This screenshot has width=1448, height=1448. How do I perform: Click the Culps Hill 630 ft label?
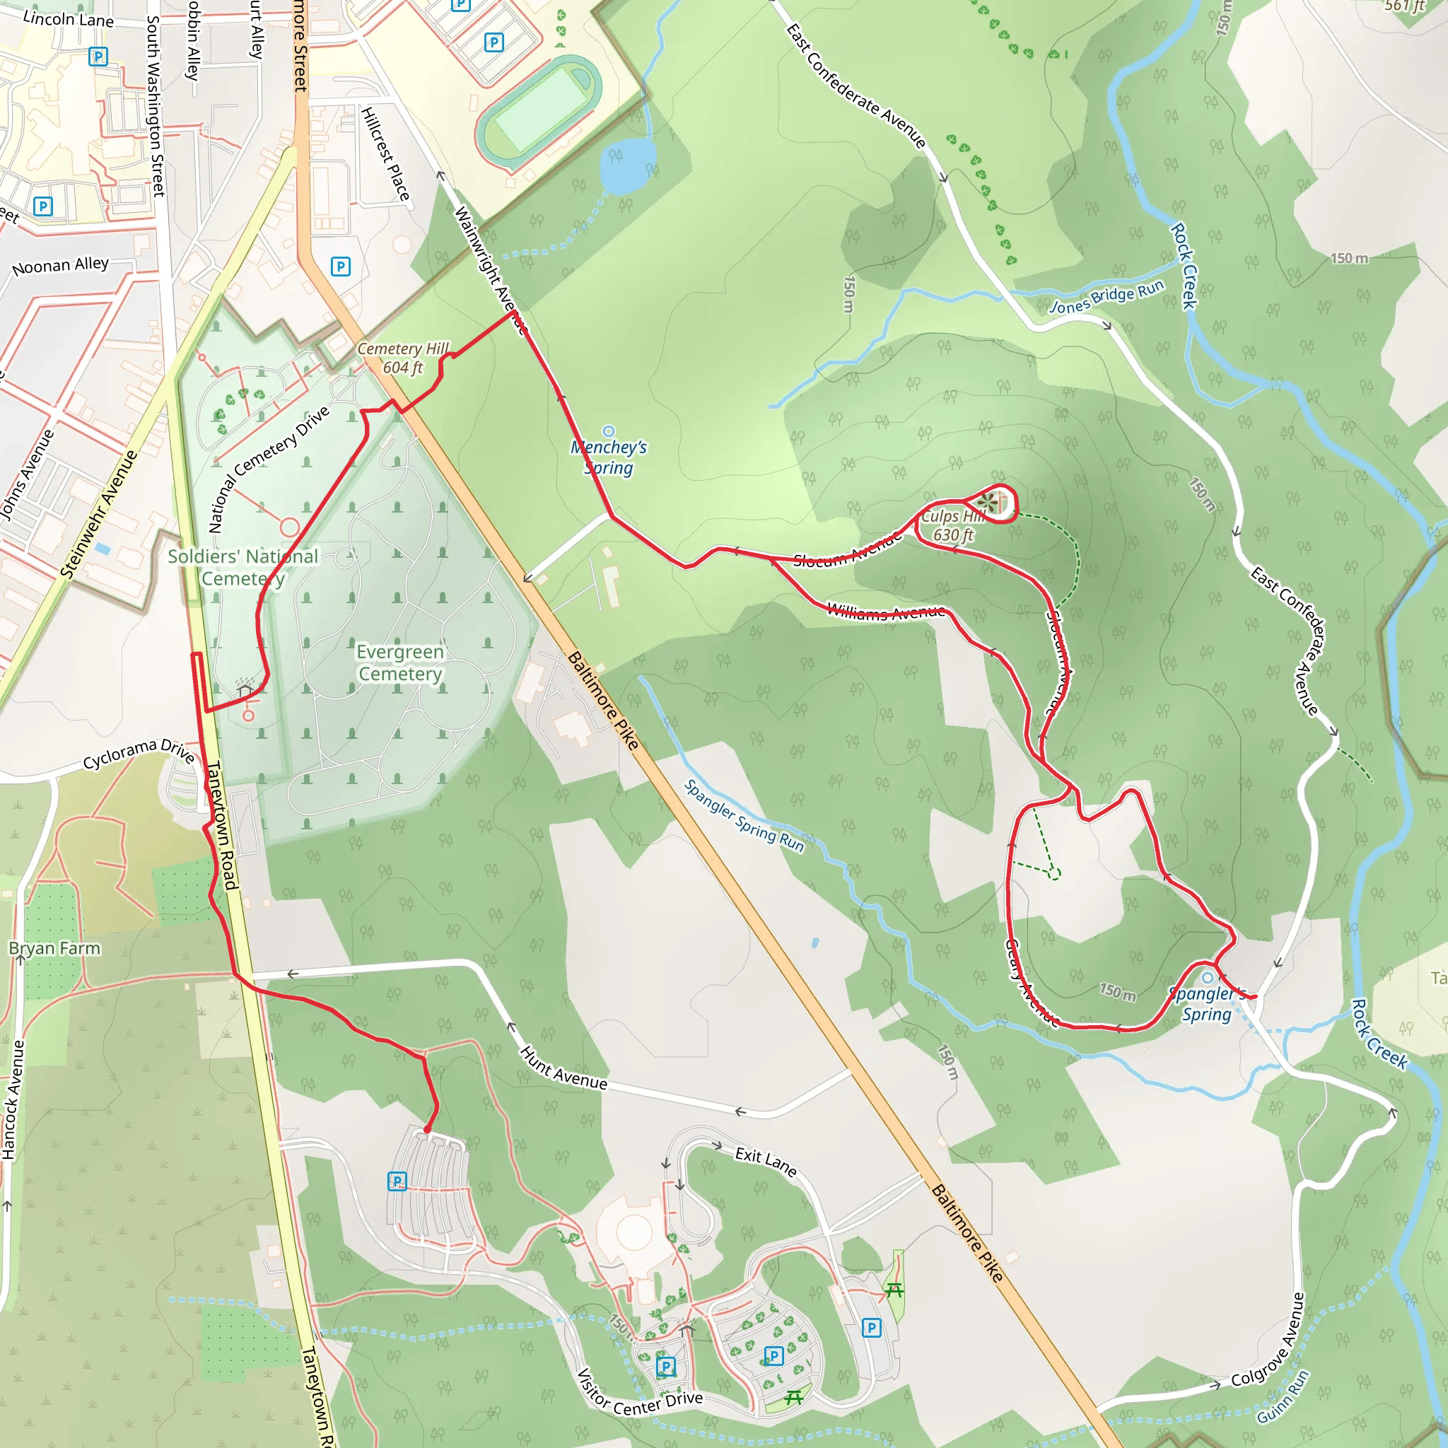click(x=952, y=525)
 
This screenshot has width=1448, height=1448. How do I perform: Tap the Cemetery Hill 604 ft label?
click(x=402, y=358)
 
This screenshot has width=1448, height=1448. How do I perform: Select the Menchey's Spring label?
click(x=609, y=457)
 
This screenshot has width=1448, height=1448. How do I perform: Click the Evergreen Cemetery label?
click(x=400, y=662)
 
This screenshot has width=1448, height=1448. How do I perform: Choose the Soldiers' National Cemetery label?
click(x=243, y=567)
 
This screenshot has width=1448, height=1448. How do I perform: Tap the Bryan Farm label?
click(x=54, y=948)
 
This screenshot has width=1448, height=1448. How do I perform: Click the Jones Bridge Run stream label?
click(x=1107, y=297)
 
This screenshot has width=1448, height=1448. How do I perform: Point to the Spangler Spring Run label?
click(x=744, y=816)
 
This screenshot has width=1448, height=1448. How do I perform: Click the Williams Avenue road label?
click(x=886, y=612)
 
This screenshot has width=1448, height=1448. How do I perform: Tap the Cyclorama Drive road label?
click(x=139, y=753)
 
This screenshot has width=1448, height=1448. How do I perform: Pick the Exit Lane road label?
click(x=765, y=1161)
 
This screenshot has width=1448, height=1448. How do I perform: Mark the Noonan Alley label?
click(x=61, y=265)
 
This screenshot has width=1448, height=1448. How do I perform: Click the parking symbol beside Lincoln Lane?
click(x=98, y=57)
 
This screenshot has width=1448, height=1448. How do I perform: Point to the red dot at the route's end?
click(x=428, y=1129)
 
